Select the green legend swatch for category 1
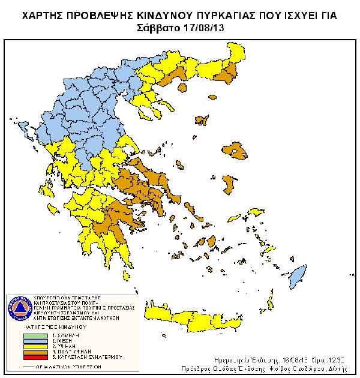pos(35,335)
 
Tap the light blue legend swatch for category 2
pos(35,341)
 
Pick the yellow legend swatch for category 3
pos(35,346)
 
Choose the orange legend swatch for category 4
pos(35,352)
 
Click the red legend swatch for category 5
pos(35,357)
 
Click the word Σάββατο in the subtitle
pos(158,28)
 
